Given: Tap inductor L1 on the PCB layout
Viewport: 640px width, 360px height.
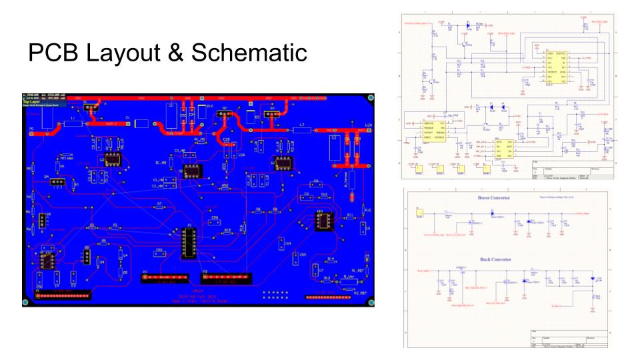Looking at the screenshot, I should point(72,123).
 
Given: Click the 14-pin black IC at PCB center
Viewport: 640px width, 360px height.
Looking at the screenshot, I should point(187,243).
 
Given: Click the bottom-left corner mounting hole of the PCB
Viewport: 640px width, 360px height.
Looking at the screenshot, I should point(25,303).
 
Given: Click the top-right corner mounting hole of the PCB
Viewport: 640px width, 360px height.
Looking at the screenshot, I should point(371,98).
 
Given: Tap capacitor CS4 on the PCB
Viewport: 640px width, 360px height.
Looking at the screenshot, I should point(287,243).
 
